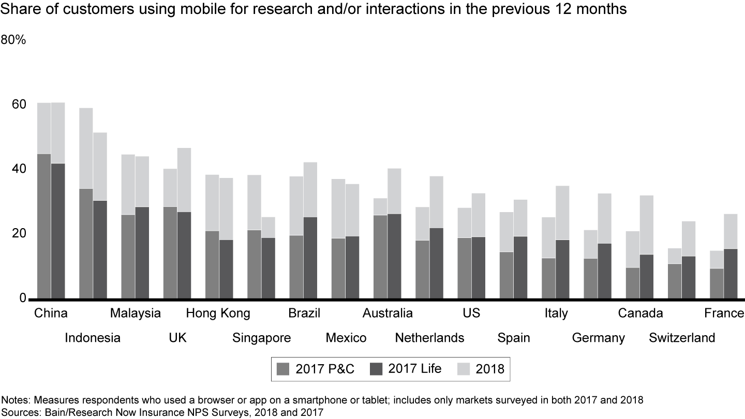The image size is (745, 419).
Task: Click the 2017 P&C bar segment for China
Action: [x=44, y=226]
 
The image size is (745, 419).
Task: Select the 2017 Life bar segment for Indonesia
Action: [x=100, y=249]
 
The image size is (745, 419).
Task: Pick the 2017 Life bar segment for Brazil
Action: [x=310, y=258]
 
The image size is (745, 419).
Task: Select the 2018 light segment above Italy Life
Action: [x=562, y=213]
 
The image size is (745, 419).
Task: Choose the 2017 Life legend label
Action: [x=415, y=369]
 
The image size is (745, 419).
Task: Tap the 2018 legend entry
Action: [x=481, y=369]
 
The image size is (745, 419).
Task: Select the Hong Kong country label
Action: [x=218, y=313]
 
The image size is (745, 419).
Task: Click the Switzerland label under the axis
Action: [x=682, y=338]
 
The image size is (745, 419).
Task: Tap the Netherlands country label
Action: [x=429, y=338]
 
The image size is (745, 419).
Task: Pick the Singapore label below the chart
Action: [x=261, y=338]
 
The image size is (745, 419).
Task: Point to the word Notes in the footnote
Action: [x=15, y=400]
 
